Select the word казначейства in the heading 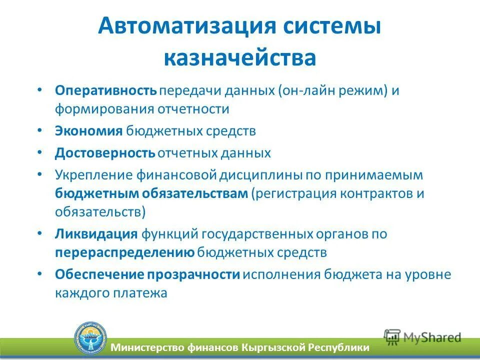point(239,57)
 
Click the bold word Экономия point(88,131)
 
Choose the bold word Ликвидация point(96,234)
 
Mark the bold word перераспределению point(124,252)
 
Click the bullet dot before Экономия point(40,130)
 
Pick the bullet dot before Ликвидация point(40,233)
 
